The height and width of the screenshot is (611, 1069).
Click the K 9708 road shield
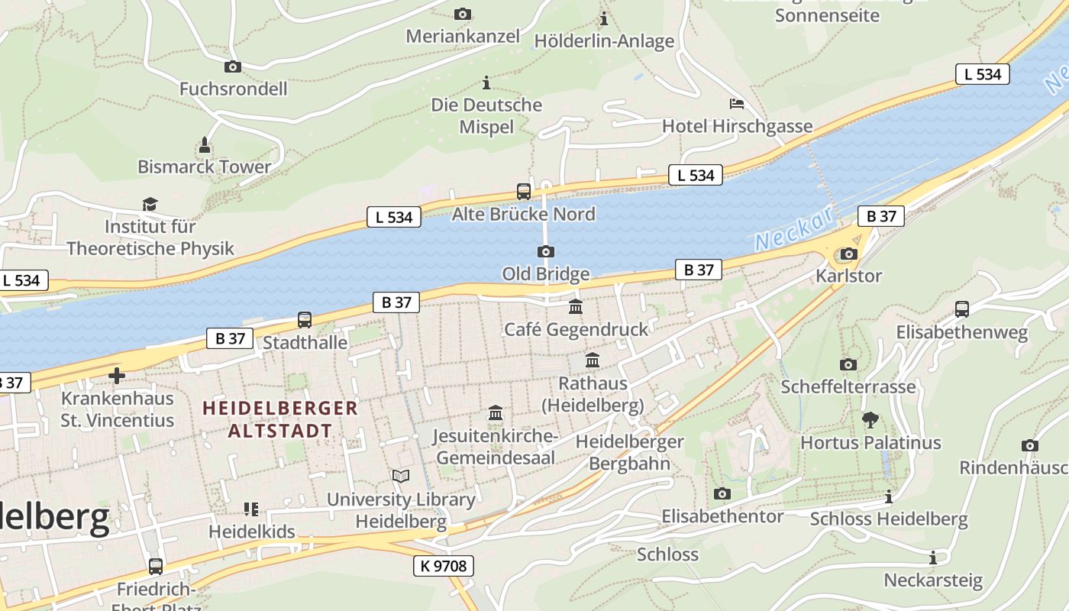[x=444, y=566]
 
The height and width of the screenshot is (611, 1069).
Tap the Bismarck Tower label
[x=204, y=166]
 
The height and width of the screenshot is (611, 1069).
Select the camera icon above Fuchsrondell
[x=233, y=67]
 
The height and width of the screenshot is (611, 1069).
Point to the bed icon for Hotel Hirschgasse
[x=737, y=104]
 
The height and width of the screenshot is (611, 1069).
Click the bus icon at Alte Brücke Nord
[x=524, y=192]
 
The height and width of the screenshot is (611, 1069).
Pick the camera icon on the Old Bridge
[x=545, y=252]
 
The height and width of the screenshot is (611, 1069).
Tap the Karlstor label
[x=848, y=276]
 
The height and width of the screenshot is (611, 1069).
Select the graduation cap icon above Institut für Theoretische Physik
[x=150, y=204]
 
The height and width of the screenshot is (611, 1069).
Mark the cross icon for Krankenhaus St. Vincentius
[x=117, y=376]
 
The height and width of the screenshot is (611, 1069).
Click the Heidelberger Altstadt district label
[x=280, y=419]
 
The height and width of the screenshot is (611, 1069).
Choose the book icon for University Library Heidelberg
[x=401, y=477]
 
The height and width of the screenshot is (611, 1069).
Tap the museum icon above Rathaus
[x=593, y=360]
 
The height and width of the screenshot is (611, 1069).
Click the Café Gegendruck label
[x=576, y=329]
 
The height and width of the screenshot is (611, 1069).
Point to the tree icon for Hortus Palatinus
[x=870, y=419]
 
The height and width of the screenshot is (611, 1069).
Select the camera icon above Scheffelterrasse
[x=848, y=364]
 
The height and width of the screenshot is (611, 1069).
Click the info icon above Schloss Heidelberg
[x=888, y=497]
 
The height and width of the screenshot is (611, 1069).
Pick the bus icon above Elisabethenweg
[x=962, y=309]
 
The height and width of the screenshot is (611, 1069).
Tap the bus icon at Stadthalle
[x=305, y=320]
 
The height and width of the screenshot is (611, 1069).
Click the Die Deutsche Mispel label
[x=486, y=115]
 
